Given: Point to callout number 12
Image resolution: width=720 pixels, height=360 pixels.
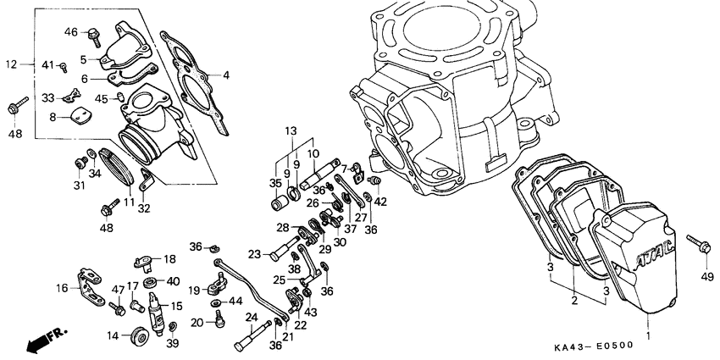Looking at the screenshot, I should (10, 64).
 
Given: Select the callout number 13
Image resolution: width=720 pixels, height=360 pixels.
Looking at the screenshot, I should (291, 130).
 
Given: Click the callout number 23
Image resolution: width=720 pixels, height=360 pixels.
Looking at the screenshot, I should (254, 252).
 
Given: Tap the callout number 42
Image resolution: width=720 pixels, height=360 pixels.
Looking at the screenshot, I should (380, 202).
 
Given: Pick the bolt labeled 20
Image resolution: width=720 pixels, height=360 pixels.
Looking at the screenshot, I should (218, 319).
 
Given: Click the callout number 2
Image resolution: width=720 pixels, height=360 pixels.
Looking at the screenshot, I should (573, 300).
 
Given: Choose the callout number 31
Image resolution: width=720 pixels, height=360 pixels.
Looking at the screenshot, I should (78, 185).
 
